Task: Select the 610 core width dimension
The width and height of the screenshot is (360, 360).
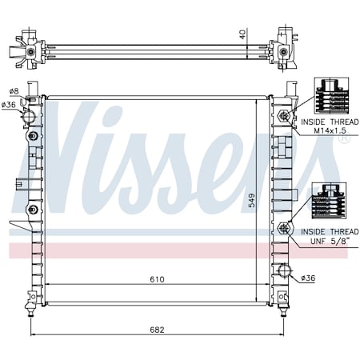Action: [156, 279]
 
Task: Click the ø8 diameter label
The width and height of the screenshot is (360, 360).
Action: [14, 92]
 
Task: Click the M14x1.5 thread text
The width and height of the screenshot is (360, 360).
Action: [331, 130]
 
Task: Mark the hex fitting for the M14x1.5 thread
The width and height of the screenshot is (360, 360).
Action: [283, 118]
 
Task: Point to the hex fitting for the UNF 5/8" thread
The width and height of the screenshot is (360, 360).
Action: [283, 229]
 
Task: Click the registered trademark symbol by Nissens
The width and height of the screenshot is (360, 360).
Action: [343, 139]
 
